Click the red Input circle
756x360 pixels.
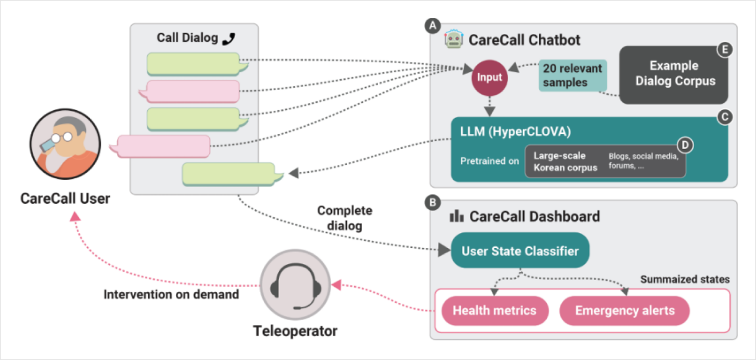tap(489, 77)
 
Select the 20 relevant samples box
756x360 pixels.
tap(572, 76)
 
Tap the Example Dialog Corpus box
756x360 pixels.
tap(674, 74)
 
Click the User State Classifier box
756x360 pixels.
tap(520, 251)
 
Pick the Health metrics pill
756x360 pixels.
tap(494, 311)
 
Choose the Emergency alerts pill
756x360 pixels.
tap(624, 311)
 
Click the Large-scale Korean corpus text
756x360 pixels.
tap(565, 162)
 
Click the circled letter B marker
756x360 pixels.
tap(430, 203)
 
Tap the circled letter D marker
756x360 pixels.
tap(684, 144)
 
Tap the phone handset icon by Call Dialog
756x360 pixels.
tap(228, 39)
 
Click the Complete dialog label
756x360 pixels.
tap(345, 218)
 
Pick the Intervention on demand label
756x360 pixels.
tap(171, 294)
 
